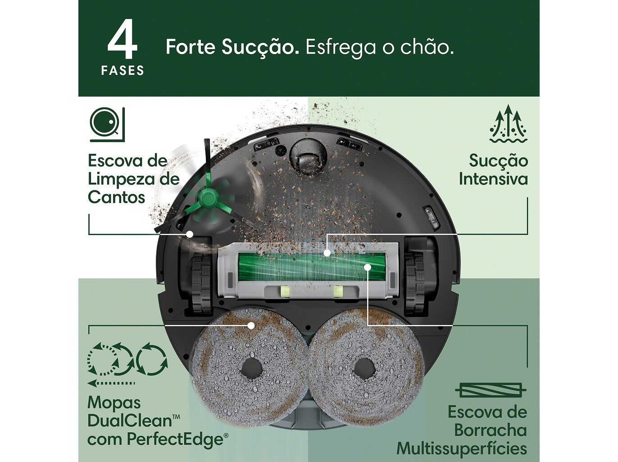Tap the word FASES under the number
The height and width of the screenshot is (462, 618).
(123, 70)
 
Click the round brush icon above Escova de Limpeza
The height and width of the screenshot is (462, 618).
(107, 124)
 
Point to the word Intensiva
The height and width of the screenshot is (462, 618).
(493, 179)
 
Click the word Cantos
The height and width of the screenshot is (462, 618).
(116, 197)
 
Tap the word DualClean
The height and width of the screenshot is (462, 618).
(130, 420)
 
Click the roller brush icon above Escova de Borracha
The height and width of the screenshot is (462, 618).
(491, 390)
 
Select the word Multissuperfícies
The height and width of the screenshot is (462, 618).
(461, 448)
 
